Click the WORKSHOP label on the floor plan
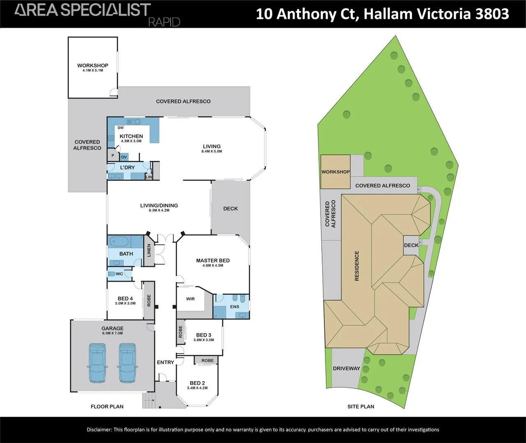(x=92, y=66)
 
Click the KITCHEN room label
(x=131, y=136)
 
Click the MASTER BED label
(x=212, y=260)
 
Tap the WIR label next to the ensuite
(x=190, y=299)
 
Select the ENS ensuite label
(x=235, y=306)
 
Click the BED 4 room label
(x=125, y=298)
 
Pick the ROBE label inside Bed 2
(x=208, y=361)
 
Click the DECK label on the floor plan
(x=231, y=208)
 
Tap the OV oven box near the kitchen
(x=124, y=157)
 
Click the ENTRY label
(x=166, y=362)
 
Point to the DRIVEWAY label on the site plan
(x=346, y=368)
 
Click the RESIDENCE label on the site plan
(x=357, y=266)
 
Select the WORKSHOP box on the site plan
(x=335, y=172)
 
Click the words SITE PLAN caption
(x=360, y=406)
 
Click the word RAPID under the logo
(x=164, y=22)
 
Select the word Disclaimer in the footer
(x=99, y=429)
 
